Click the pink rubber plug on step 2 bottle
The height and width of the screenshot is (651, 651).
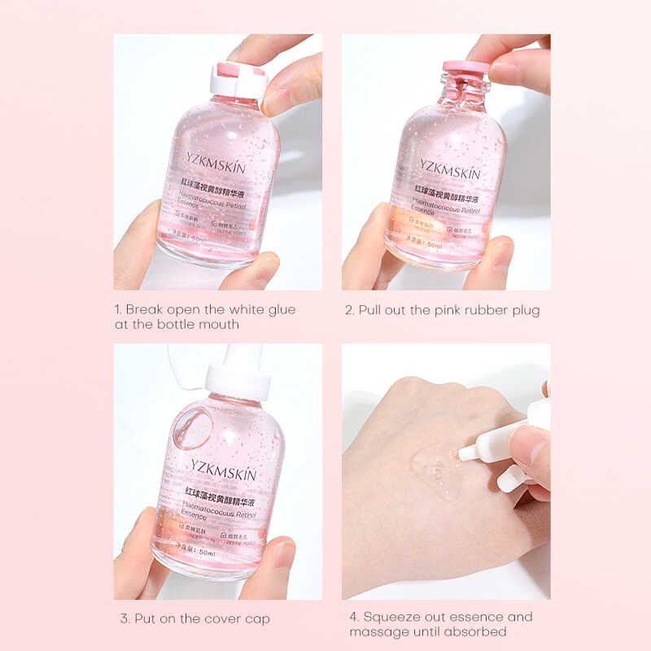[x=465, y=67]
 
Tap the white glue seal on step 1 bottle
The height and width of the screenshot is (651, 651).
[x=238, y=79]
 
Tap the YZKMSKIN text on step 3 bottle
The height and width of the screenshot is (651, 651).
[x=224, y=473]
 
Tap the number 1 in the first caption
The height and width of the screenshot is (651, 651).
[x=117, y=310]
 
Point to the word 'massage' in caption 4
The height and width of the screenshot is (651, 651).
[x=375, y=632]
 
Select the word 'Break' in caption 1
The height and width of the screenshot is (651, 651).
[x=143, y=310]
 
